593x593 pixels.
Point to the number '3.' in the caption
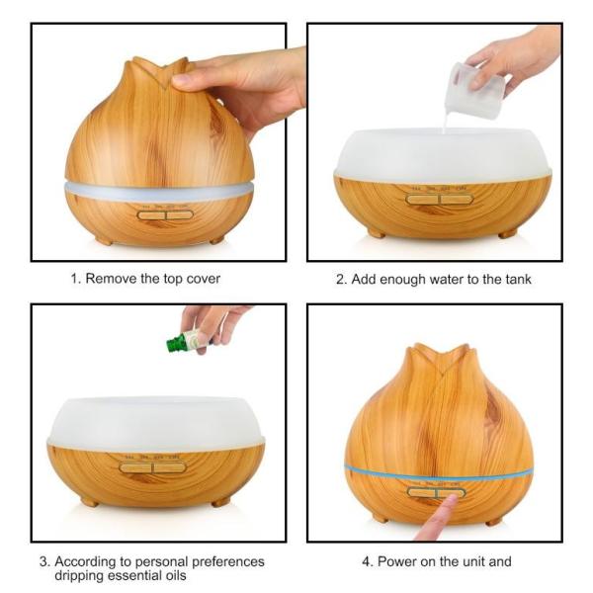click(44, 561)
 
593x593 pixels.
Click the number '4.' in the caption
click(368, 561)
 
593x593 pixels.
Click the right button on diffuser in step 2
click(457, 199)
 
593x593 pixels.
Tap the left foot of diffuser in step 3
click(89, 501)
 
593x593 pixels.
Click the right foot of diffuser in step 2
click(507, 233)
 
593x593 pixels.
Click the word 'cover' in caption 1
click(202, 279)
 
